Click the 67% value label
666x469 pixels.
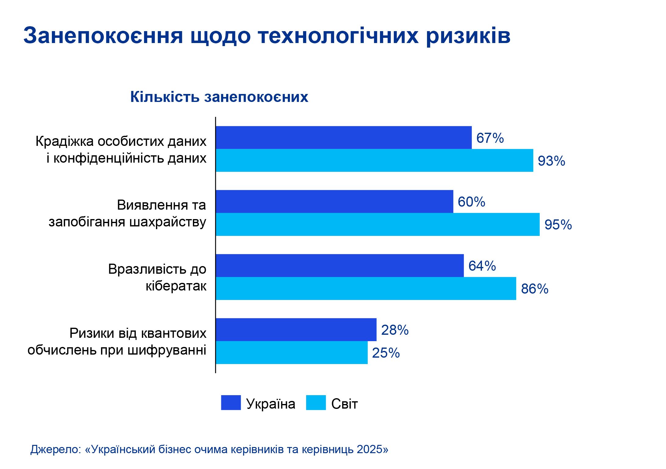coord(490,138)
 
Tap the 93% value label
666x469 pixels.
coord(551,161)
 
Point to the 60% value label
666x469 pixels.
coord(471,202)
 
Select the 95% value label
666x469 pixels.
coord(558,225)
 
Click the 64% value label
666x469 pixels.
coord(482,266)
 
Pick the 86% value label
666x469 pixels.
coord(534,289)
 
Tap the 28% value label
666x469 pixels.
coord(395,330)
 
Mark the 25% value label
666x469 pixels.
coord(386,353)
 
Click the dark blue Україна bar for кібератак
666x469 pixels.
coord(339,265)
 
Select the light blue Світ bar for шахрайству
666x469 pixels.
coord(378,224)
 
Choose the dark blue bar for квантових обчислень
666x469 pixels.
coord(296,330)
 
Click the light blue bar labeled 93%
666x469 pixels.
coord(374,161)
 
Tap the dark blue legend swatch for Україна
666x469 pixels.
coord(231,403)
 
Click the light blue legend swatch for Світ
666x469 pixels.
coord(316,403)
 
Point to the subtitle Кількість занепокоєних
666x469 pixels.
coord(219,97)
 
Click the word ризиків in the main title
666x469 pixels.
coord(468,36)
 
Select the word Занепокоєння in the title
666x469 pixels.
coord(103,36)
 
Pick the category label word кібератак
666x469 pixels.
coord(176,286)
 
